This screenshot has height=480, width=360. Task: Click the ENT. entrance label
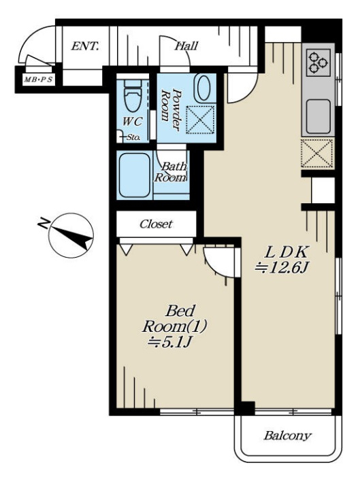pyautogui.click(x=85, y=46)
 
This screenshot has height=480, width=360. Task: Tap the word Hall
pyautogui.click(x=186, y=46)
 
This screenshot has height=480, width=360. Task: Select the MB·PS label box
pyautogui.click(x=38, y=80)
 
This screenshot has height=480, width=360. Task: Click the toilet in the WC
pyautogui.click(x=133, y=95)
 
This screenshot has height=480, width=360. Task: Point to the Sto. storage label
pyautogui.click(x=133, y=137)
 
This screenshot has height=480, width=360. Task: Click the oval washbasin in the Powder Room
pyautogui.click(x=203, y=88)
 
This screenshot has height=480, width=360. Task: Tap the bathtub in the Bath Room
pyautogui.click(x=135, y=175)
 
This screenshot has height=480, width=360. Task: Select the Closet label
pyautogui.click(x=156, y=224)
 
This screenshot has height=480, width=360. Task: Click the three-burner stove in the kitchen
pyautogui.click(x=318, y=63)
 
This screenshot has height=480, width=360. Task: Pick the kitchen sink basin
pyautogui.click(x=318, y=116)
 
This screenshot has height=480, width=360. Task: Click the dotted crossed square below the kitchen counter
pyautogui.click(x=317, y=153)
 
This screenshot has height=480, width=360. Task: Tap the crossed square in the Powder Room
pyautogui.click(x=200, y=120)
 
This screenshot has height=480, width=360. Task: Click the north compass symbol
pyautogui.click(x=71, y=235)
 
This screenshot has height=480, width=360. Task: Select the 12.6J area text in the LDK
pyautogui.click(x=282, y=268)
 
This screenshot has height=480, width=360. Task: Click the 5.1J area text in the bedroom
pyautogui.click(x=169, y=342)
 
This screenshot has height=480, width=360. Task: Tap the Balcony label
pyautogui.click(x=287, y=435)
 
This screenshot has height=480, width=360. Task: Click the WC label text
pyautogui.click(x=132, y=122)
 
